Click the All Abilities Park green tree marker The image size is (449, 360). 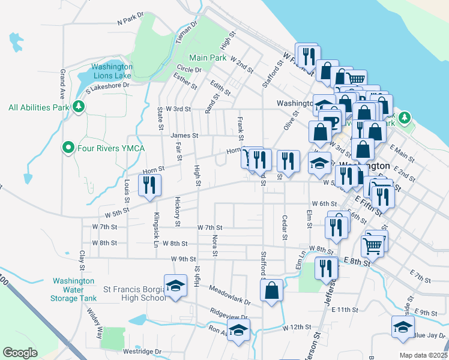tap(78, 107)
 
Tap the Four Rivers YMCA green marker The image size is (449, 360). tap(68, 147)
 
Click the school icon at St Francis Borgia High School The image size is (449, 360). tap(175, 286)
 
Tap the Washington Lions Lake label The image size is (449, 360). tap(112, 71)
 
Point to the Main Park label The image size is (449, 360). tap(208, 58)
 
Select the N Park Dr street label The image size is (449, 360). tap(131, 18)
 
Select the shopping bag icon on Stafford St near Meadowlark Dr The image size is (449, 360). tap(272, 290)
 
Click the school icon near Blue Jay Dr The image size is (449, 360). tap(402, 326)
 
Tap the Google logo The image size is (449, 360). tap(20, 353)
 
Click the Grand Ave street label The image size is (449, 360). tap(62, 84)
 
